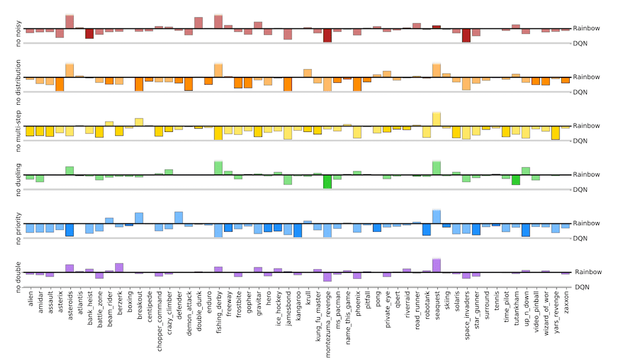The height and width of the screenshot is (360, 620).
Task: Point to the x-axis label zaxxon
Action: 566,304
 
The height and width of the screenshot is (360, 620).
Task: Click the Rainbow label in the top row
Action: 587,28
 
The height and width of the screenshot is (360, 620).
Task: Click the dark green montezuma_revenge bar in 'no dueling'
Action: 328,182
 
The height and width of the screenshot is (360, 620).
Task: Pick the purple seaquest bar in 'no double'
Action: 437,266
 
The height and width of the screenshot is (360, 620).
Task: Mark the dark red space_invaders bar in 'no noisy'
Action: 466,35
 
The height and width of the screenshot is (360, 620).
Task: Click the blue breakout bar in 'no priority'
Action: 139,218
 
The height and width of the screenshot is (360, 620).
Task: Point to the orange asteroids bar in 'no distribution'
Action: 70,70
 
